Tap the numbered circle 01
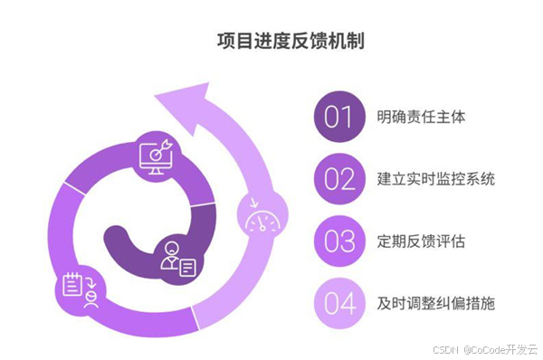click(x=338, y=118)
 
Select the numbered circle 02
click(x=338, y=179)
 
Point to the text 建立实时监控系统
click(x=436, y=179)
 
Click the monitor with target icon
click(x=157, y=156)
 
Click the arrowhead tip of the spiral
click(x=182, y=93)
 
